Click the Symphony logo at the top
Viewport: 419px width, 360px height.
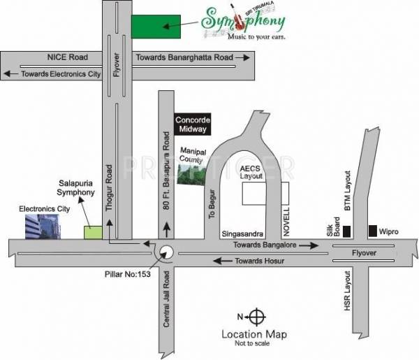(x=244, y=25)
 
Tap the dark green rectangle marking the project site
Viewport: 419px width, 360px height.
(x=156, y=26)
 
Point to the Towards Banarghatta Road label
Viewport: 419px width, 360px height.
(x=184, y=57)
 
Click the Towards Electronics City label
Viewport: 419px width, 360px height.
(x=61, y=73)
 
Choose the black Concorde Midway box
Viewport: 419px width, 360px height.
(x=193, y=123)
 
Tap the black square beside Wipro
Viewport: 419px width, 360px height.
(x=373, y=229)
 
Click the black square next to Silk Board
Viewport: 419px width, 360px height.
(x=347, y=231)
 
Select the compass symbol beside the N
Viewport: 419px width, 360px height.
(x=257, y=317)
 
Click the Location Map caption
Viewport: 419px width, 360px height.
(x=253, y=334)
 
